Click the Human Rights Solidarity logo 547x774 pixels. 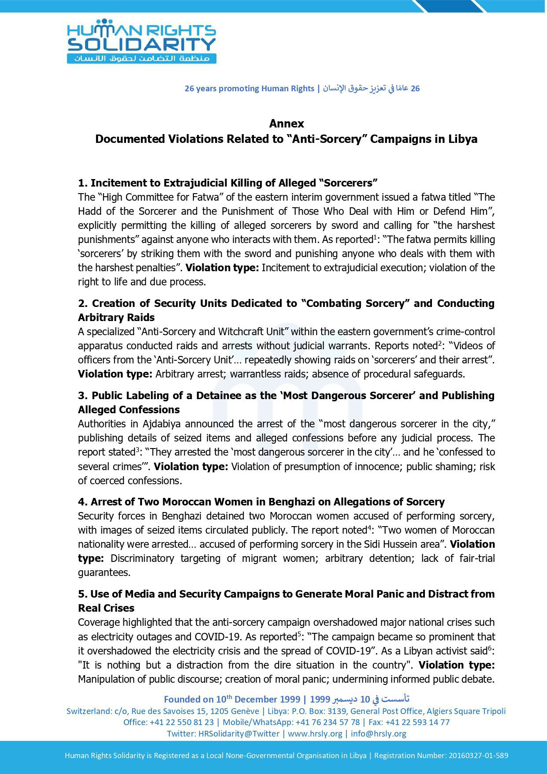(141, 41)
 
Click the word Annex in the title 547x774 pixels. (287, 123)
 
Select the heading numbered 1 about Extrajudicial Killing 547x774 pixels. (228, 183)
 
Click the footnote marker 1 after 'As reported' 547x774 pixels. (375, 237)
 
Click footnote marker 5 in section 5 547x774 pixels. (299, 634)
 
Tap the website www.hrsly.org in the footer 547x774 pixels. (315, 733)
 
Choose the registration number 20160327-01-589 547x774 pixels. (478, 755)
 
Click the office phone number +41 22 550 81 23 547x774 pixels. (182, 722)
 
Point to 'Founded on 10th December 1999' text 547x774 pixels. (232, 699)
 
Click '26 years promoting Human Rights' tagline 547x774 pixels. (249, 89)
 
